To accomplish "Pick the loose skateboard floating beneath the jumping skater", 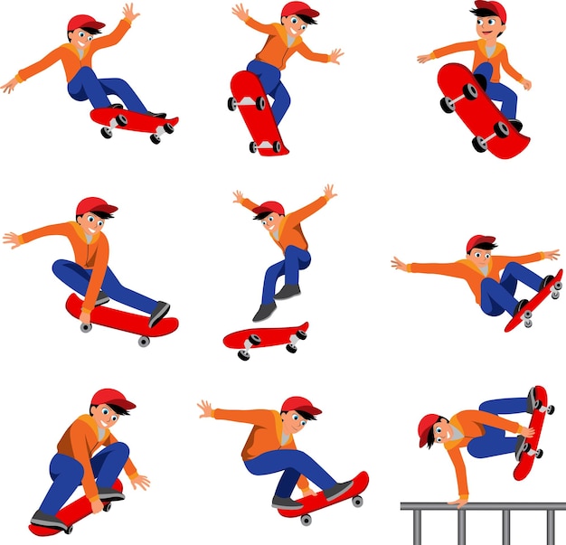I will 265,337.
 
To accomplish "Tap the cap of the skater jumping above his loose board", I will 268,209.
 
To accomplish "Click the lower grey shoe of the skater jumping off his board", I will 264,312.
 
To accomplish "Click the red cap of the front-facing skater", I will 487,10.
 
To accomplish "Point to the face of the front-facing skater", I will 489,28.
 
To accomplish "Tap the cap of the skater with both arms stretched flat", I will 479,242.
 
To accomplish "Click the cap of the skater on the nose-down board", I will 298,10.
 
